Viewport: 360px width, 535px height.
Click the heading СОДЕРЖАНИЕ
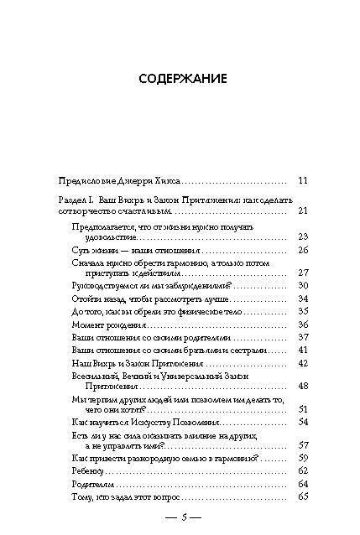(181, 80)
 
